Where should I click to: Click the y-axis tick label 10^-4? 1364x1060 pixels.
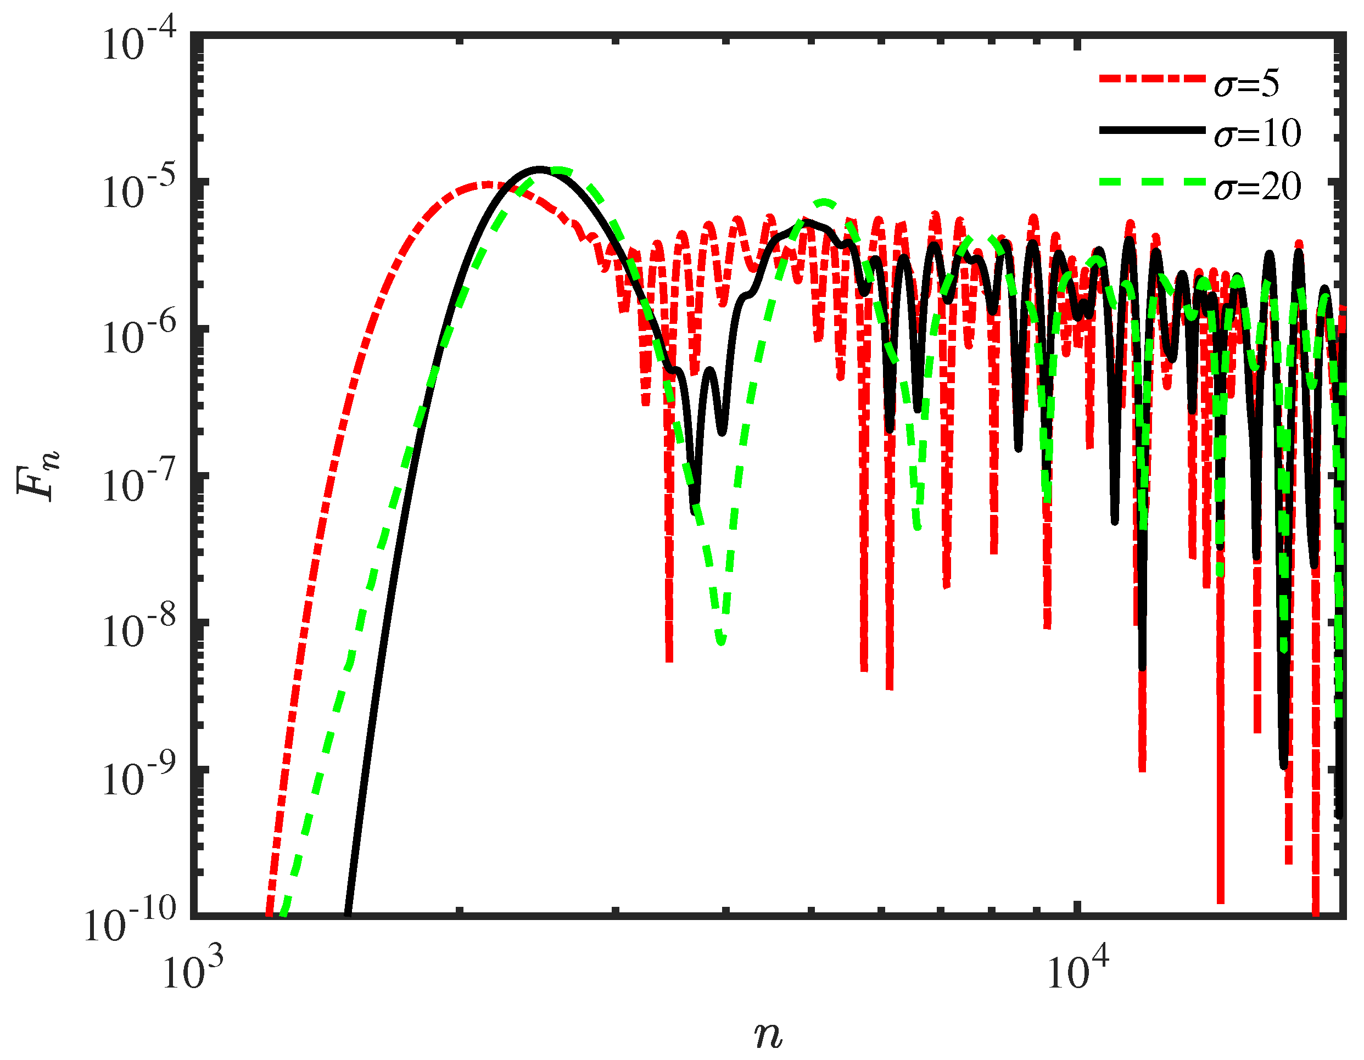[140, 44]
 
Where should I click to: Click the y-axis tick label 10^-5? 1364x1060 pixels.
[140, 190]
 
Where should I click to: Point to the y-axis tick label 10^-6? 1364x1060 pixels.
[140, 337]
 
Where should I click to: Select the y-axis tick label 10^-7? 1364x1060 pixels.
[140, 484]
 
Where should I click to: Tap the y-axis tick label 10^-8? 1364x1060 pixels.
[140, 631]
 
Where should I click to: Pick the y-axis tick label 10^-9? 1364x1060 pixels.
[140, 777]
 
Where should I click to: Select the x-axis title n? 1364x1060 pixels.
[768, 1034]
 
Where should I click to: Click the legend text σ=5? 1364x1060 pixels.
[1246, 85]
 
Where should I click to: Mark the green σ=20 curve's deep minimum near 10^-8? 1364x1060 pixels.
[722, 641]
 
